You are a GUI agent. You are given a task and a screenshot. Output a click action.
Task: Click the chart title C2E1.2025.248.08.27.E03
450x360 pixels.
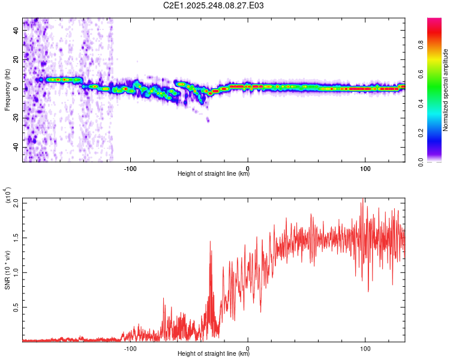pos(214,5)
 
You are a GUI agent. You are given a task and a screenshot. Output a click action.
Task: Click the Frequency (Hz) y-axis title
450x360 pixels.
pos(7,89)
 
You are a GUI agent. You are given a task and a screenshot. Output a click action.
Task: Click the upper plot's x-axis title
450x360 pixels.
pos(214,174)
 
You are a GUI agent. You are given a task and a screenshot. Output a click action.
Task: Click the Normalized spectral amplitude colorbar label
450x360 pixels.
pos(446,91)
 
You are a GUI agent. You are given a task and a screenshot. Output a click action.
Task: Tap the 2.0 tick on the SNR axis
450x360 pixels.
pos(16,202)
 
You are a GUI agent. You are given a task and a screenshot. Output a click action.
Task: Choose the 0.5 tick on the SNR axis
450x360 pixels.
pos(16,307)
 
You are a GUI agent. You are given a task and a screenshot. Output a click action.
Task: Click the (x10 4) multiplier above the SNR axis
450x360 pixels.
pos(8,196)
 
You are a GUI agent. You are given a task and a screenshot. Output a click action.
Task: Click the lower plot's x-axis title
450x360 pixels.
pos(214,354)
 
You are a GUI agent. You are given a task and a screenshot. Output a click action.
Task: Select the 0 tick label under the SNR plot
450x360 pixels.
pos(248,347)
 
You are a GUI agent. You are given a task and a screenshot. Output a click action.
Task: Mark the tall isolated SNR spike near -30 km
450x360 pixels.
pos(210,242)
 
